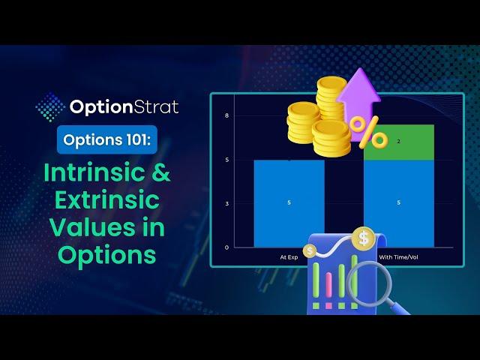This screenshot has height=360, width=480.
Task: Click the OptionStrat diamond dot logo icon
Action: [x=50, y=106]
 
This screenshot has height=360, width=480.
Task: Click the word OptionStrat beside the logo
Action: [x=124, y=107]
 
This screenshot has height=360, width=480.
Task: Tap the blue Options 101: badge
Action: [x=107, y=139]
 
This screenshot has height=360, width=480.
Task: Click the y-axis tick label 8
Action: [x=226, y=115]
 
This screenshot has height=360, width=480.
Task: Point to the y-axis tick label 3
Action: [x=226, y=203]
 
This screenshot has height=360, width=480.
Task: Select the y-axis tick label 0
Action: [x=226, y=247]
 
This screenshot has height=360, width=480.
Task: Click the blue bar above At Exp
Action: [x=289, y=203]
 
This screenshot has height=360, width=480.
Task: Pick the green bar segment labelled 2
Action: [x=399, y=142]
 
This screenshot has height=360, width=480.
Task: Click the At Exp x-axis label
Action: [x=289, y=257]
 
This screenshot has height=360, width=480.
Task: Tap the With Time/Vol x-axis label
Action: [x=398, y=257]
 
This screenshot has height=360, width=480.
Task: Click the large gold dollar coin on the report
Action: [x=363, y=238]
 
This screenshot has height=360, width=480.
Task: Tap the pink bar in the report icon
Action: [x=328, y=285]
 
